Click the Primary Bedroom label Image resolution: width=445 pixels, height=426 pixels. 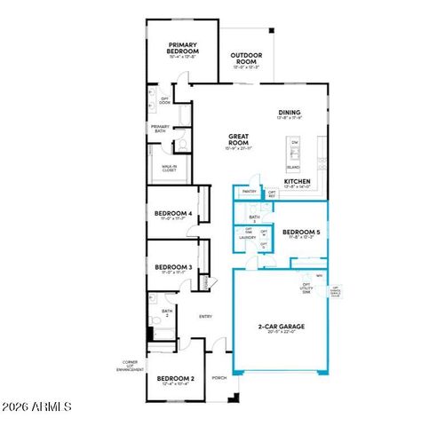(184, 49)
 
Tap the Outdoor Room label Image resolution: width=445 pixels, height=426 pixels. (243, 58)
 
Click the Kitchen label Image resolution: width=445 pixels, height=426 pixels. (297, 183)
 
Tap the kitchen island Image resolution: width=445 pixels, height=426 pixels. (294, 154)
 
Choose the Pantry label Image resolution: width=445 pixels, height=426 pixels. (249, 191)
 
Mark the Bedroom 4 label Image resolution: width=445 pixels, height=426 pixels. (173, 214)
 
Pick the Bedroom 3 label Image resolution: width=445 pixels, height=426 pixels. (173, 267)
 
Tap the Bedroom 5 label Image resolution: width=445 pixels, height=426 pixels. (298, 233)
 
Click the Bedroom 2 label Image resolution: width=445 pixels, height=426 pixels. (175, 379)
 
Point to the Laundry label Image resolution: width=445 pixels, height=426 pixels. (247, 238)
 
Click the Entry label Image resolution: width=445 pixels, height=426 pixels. (205, 316)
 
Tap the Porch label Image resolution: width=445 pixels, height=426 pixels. (219, 377)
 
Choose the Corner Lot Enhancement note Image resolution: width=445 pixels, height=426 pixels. (131, 367)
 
